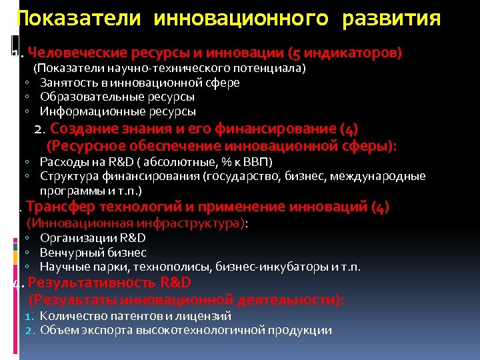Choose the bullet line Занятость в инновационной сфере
click(x=139, y=83)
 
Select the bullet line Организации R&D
click(x=93, y=238)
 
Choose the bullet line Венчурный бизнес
click(x=93, y=253)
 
